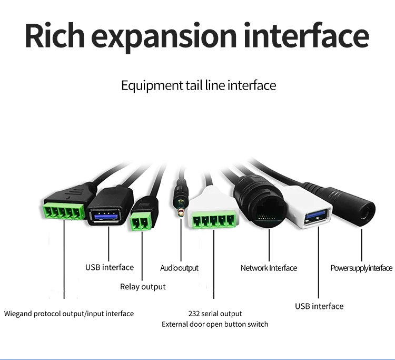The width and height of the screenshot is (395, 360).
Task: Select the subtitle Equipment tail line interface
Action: pyautogui.click(x=198, y=85)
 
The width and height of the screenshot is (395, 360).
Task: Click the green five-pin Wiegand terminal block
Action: pyautogui.click(x=63, y=209)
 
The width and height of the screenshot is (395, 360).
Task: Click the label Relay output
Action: pyautogui.click(x=143, y=287)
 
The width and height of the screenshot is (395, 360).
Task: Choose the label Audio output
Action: pyautogui.click(x=179, y=268)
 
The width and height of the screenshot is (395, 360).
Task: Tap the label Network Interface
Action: pyautogui.click(x=269, y=268)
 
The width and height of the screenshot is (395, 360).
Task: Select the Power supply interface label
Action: pyautogui.click(x=361, y=268)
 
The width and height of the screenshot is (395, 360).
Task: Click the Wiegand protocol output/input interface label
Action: pyautogui.click(x=69, y=314)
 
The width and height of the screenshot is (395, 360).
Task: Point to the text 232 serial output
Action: pyautogui.click(x=215, y=314)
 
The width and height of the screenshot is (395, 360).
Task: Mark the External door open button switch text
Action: pyautogui.click(x=215, y=324)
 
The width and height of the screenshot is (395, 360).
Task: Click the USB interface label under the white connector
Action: pyautogui.click(x=319, y=306)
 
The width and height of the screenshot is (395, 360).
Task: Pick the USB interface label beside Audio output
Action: pyautogui.click(x=110, y=267)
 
